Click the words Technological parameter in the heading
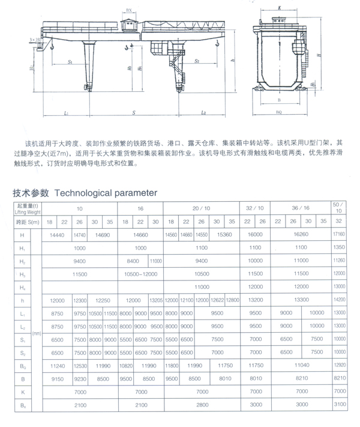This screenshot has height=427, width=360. [106, 193]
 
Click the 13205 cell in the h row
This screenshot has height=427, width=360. [155, 300]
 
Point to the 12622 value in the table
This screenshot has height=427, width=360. [217, 300]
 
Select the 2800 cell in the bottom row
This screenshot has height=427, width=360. [202, 405]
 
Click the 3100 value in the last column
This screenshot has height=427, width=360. [339, 405]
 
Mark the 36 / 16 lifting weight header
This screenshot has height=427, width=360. [300, 208]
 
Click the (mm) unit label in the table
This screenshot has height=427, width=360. [37, 332]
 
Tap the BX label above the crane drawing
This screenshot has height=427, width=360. [129, 11]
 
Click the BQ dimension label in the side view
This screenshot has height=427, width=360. [279, 112]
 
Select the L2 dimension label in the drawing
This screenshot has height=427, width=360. [204, 112]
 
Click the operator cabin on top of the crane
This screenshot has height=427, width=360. [129, 25]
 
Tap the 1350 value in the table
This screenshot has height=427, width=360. [339, 247]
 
